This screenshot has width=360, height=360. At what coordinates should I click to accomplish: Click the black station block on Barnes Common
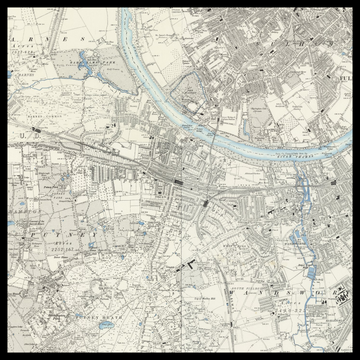37,130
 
